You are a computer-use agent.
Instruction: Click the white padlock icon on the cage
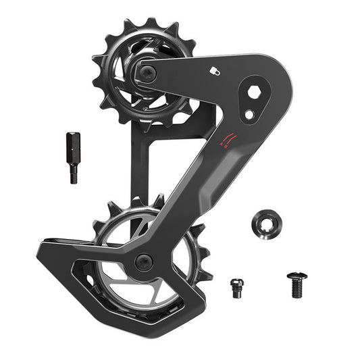[213, 70]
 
